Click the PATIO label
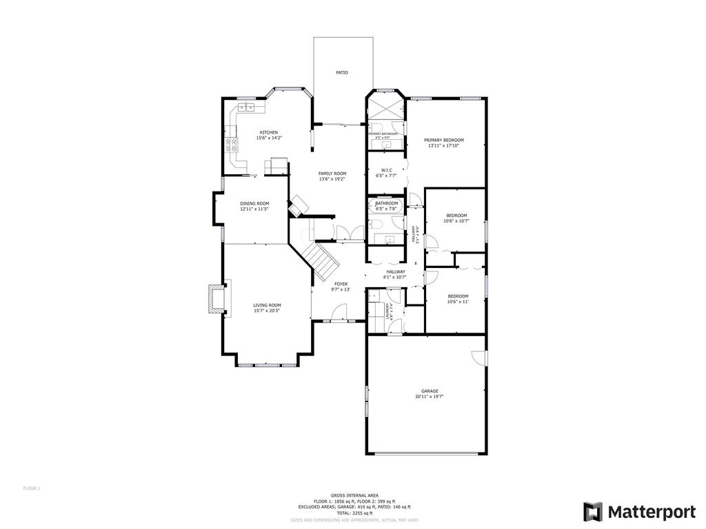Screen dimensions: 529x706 [342, 72]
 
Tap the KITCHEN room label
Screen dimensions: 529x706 [269, 132]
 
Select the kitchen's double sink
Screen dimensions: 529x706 [247, 107]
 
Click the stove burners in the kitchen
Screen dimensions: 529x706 [230, 145]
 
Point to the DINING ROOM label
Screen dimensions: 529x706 [254, 204]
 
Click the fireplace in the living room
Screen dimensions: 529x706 [216, 297]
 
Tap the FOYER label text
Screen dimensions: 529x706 [341, 284]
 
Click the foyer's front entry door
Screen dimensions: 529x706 [340, 314]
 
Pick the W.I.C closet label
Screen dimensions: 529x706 [387, 170]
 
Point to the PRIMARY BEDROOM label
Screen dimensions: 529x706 [444, 140]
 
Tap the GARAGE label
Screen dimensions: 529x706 [430, 391]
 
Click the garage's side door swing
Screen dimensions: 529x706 [478, 358]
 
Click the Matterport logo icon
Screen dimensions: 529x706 [592, 512]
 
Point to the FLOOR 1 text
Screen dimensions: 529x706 [32, 488]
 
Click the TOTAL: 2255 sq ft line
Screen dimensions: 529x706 [354, 513]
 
